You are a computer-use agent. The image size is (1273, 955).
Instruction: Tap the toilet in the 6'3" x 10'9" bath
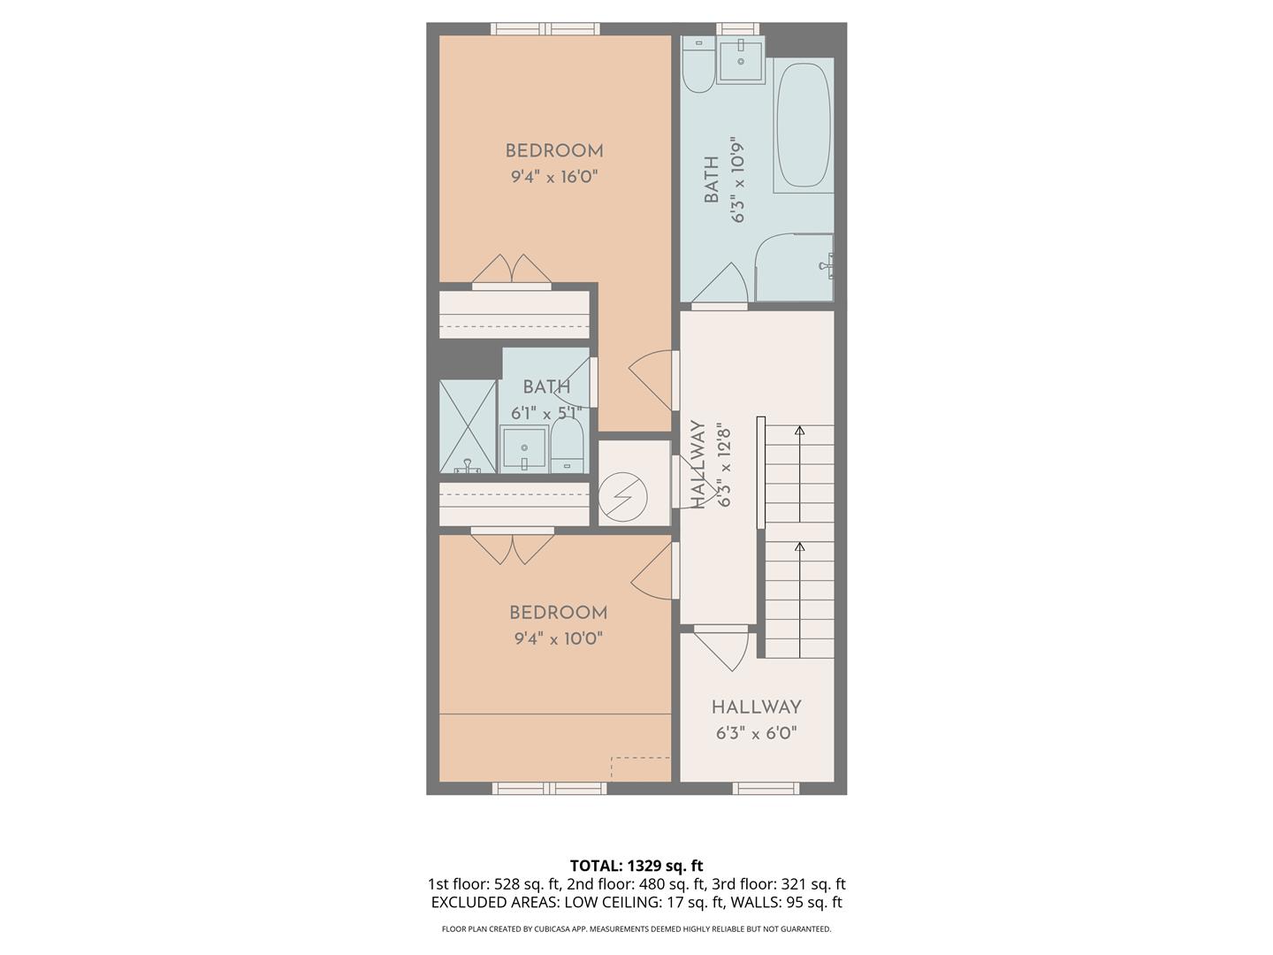tap(698, 67)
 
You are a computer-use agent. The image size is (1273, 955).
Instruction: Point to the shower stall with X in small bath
tap(469, 426)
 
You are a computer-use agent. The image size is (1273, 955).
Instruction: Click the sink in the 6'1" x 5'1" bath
tap(523, 449)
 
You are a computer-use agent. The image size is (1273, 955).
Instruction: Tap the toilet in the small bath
tap(567, 447)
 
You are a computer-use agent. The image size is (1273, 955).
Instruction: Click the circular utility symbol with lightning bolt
tap(622, 496)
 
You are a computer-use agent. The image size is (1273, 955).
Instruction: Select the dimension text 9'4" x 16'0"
tap(554, 177)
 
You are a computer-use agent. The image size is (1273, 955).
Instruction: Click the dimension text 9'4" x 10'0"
tap(558, 638)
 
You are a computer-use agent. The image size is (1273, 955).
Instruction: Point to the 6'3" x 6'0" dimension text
tap(757, 733)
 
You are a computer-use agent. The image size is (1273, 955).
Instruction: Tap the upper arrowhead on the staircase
tap(800, 431)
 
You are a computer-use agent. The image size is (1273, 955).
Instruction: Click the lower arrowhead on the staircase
tap(800, 547)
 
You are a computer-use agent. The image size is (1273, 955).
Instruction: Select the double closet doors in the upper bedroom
tap(512, 269)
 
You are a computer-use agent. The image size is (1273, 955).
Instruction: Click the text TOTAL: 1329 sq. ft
tap(636, 866)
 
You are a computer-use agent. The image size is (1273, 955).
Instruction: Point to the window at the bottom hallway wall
tap(766, 788)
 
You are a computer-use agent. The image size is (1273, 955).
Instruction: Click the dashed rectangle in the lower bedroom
tap(641, 768)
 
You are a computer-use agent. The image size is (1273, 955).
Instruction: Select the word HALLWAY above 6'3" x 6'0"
tap(757, 707)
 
